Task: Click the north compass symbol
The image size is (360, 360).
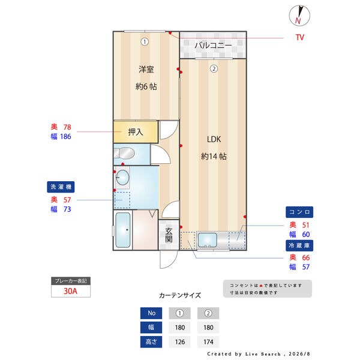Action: click(x=299, y=16)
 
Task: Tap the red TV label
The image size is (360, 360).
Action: click(x=300, y=37)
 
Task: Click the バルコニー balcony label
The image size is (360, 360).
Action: click(x=213, y=45)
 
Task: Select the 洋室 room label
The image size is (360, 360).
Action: click(x=146, y=69)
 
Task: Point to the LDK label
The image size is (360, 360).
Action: click(x=214, y=139)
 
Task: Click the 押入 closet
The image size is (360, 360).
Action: click(x=136, y=132)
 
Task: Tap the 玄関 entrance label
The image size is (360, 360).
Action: click(x=169, y=235)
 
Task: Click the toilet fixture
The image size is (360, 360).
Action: click(x=124, y=153)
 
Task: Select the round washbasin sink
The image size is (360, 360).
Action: click(x=122, y=178)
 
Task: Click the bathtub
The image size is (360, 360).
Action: click(x=123, y=230)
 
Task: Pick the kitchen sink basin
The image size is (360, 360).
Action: click(x=208, y=240)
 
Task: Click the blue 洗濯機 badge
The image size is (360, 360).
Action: click(x=61, y=187)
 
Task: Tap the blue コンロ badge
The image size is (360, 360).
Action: click(x=299, y=212)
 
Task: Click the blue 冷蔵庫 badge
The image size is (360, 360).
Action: click(x=299, y=245)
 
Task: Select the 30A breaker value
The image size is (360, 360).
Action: click(x=70, y=291)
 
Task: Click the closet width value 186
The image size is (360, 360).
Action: click(x=65, y=137)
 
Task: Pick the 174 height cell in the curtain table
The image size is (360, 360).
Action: click(x=208, y=342)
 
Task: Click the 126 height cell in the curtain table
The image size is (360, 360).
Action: click(x=180, y=342)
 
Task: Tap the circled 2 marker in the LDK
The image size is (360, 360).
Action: click(x=214, y=68)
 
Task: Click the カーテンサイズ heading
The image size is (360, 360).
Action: click(x=180, y=295)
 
